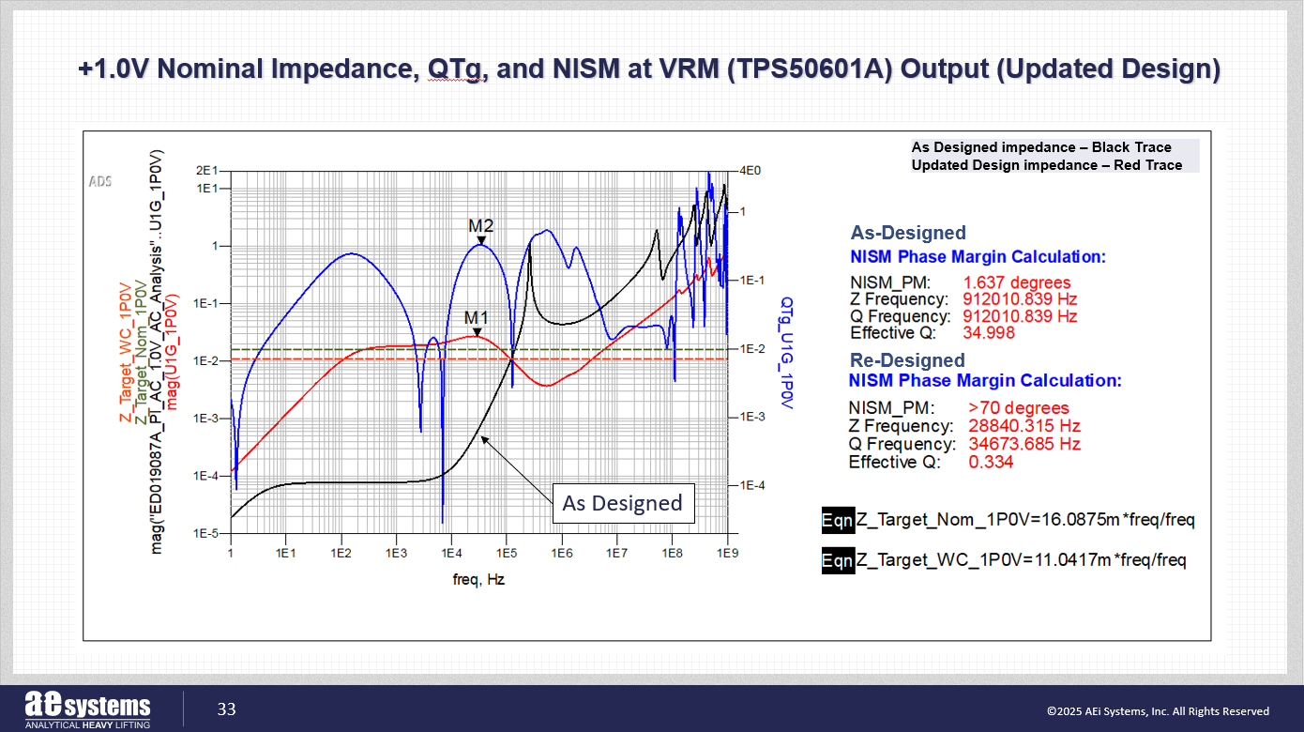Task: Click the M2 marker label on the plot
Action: click(480, 226)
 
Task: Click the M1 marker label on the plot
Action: click(477, 317)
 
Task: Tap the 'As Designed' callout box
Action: click(622, 503)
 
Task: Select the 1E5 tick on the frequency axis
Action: click(506, 554)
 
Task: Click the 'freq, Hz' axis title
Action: click(478, 580)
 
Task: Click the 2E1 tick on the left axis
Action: click(205, 171)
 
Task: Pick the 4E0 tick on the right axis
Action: click(751, 171)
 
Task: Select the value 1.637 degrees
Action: click(1017, 282)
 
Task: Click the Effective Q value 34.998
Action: click(989, 333)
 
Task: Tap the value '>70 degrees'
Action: click(1018, 408)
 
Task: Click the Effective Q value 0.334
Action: click(990, 462)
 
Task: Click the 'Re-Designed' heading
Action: click(907, 360)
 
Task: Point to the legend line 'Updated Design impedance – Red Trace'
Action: click(1046, 165)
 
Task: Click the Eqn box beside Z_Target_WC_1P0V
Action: click(838, 560)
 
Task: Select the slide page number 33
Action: click(227, 709)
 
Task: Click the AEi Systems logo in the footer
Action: click(87, 709)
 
